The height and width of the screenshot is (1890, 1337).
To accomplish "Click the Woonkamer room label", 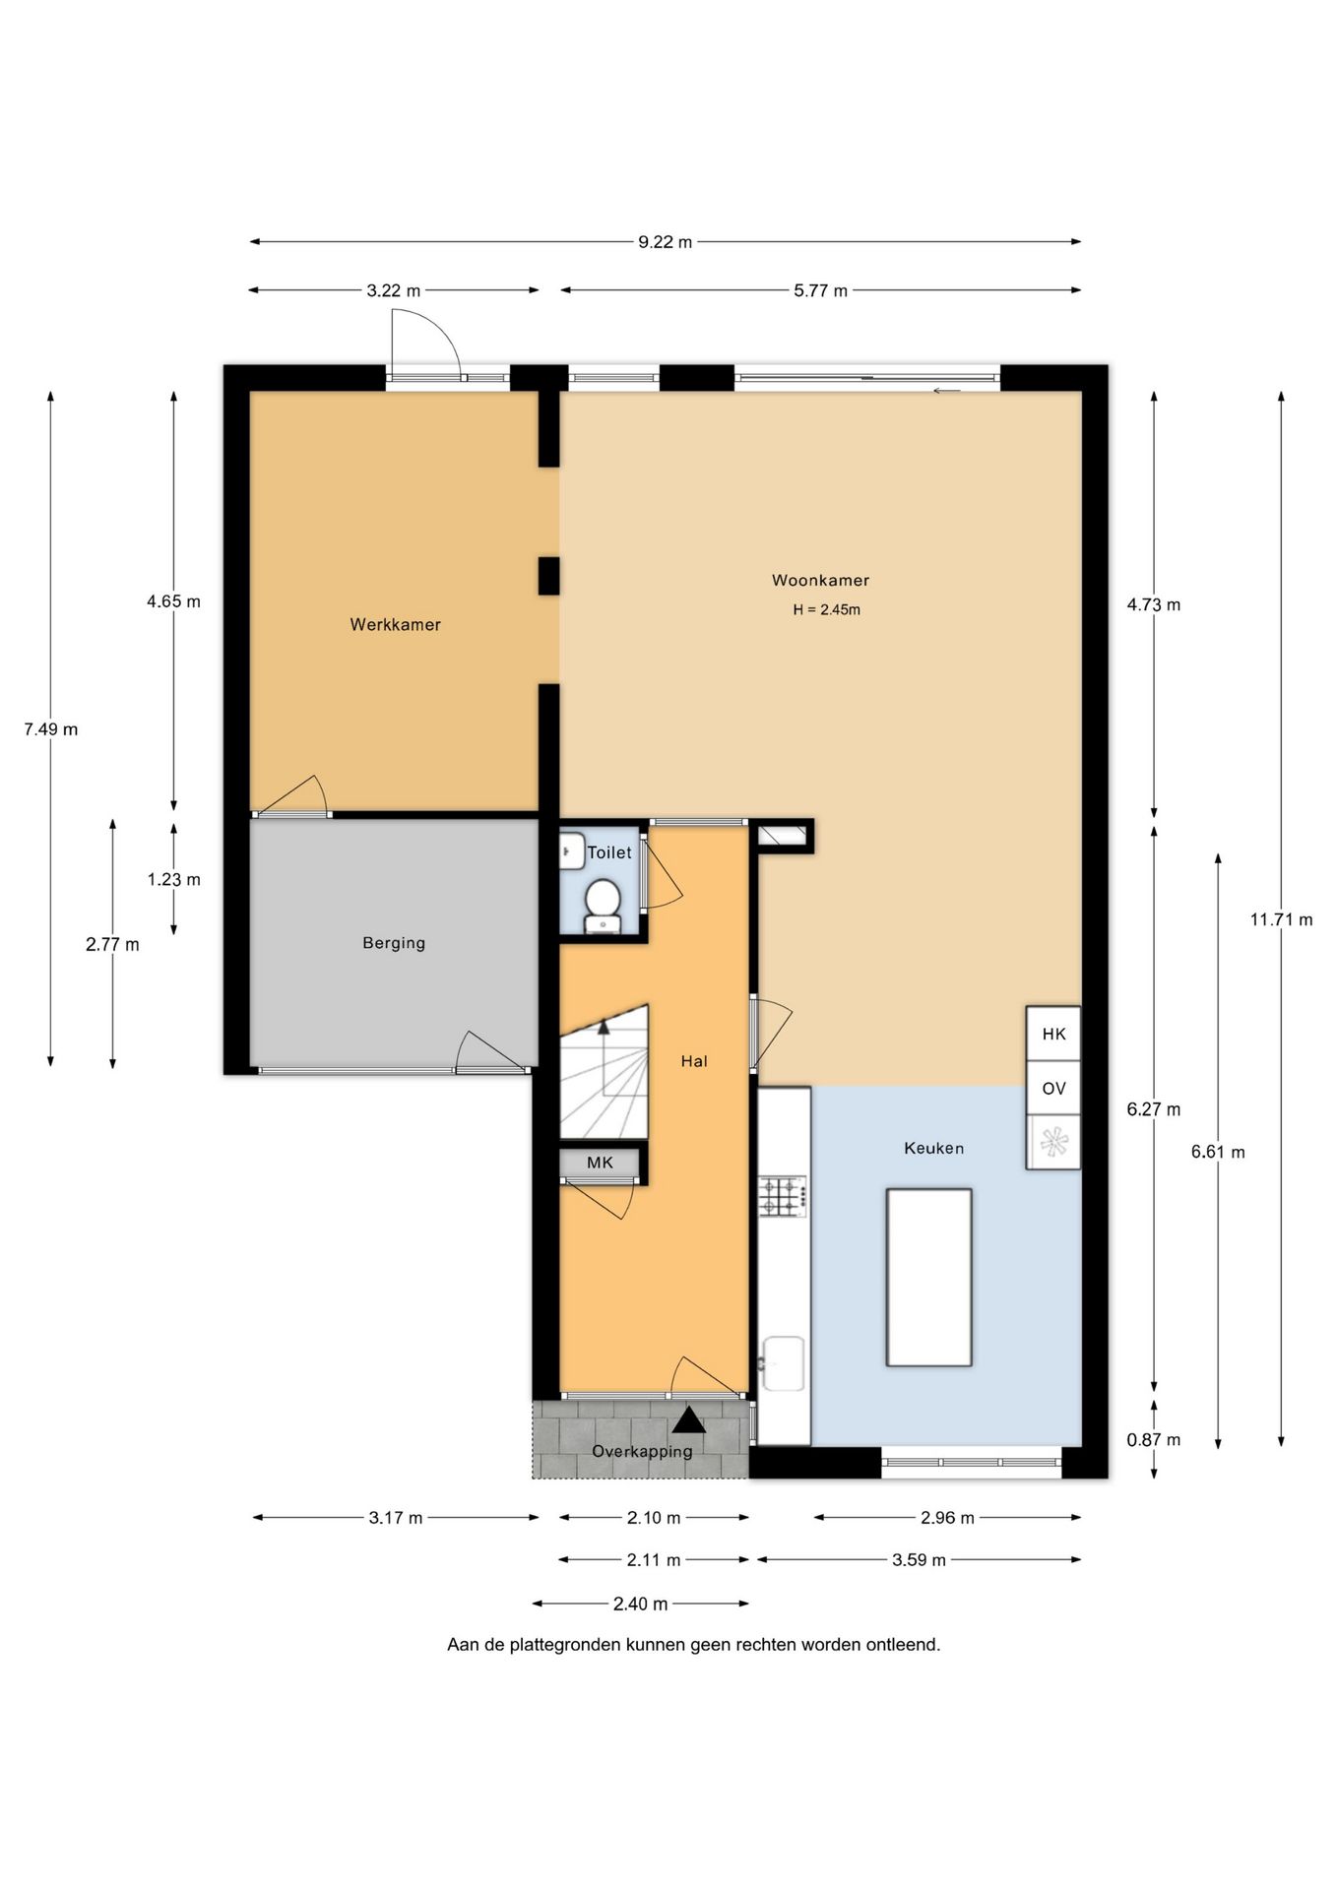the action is (x=820, y=581).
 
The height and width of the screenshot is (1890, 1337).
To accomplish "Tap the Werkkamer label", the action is (x=395, y=624).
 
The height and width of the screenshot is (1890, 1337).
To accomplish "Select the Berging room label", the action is (x=394, y=943).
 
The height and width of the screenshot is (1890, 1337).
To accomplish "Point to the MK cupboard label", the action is (x=600, y=1163).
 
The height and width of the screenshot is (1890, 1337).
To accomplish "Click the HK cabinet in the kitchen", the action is (x=1053, y=1034).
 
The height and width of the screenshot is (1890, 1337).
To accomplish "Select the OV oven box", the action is (x=1053, y=1088).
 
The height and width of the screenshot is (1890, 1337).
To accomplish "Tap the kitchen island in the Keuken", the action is (x=928, y=1277).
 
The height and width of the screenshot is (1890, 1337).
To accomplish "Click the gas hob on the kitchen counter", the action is (x=783, y=1197).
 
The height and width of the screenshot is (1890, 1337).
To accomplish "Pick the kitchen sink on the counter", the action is (x=784, y=1363).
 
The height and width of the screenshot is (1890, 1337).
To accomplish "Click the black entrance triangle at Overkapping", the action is (x=689, y=1419).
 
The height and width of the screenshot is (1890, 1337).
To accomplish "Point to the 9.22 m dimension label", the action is (x=665, y=242).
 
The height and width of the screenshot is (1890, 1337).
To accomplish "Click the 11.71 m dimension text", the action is (x=1281, y=920).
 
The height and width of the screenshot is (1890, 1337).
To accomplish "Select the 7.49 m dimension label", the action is (x=51, y=729).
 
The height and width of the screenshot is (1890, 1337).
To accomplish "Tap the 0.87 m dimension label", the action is (x=1153, y=1440).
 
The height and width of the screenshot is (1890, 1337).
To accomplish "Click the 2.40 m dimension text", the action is (x=640, y=1605).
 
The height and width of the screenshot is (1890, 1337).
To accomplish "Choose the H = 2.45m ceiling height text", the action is (x=826, y=610).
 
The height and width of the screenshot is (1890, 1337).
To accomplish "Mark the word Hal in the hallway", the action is (x=694, y=1061).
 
